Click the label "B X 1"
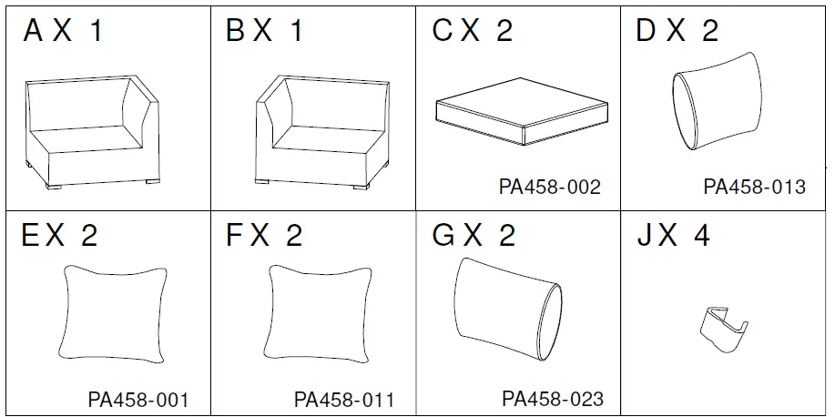[265, 32]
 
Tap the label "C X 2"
[473, 32]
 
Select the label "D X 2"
[677, 32]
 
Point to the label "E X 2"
[59, 236]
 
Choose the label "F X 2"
[264, 236]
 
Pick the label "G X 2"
[474, 236]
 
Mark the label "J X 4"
[675, 236]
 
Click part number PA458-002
[550, 187]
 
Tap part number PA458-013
[754, 187]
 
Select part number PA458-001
[138, 399]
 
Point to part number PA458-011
[344, 399]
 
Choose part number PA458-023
[552, 399]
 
